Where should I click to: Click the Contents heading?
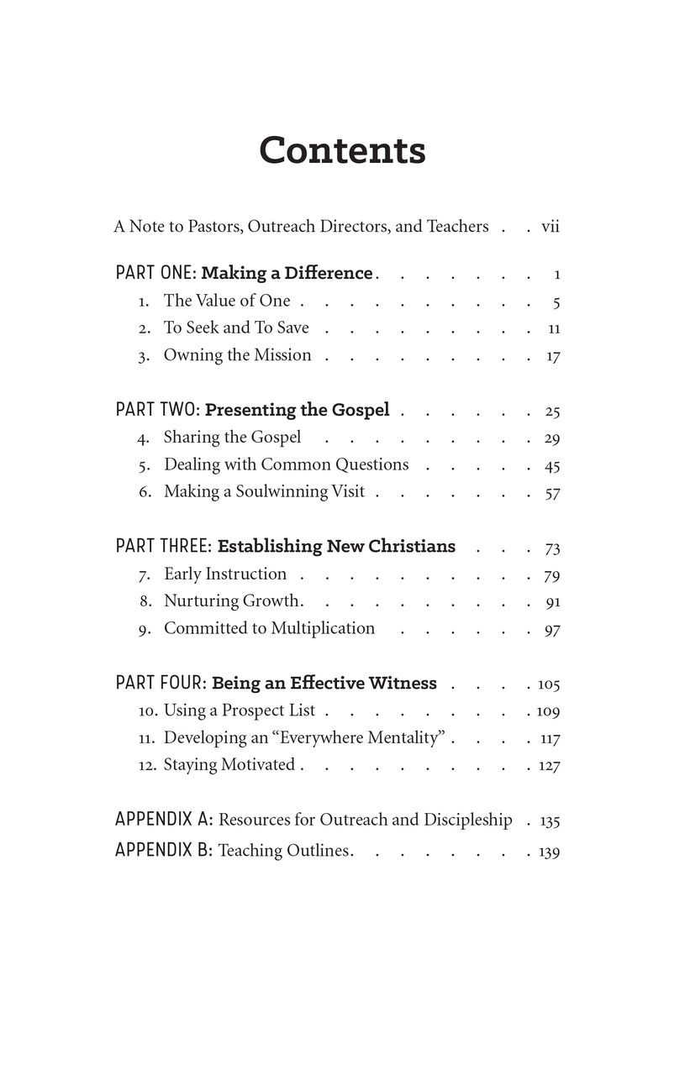[342, 150]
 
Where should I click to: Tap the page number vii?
[551, 226]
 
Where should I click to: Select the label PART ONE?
[155, 273]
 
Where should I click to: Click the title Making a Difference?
[287, 273]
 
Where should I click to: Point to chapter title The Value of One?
[227, 301]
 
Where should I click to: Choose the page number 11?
[553, 328]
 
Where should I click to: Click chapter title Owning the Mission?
[237, 355]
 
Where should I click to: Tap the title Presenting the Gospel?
[297, 410]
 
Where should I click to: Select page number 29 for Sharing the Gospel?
[552, 438]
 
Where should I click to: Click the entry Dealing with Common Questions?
[286, 464]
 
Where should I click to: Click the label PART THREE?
[164, 546]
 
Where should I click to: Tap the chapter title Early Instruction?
[224, 574]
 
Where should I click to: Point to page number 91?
[552, 602]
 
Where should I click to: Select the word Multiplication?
[323, 628]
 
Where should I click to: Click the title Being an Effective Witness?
[324, 683]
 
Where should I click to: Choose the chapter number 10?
[148, 711]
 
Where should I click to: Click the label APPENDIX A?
[164, 819]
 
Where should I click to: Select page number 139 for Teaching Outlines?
[549, 852]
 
